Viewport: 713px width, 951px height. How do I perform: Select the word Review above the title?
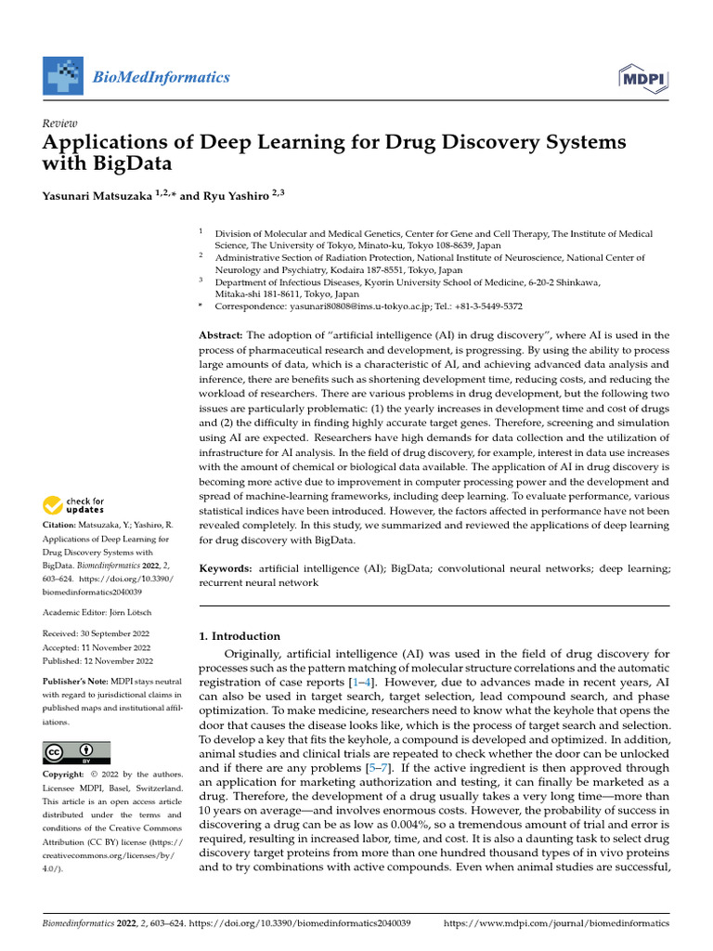pyautogui.click(x=60, y=124)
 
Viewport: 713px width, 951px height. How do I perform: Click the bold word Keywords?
pyautogui.click(x=226, y=567)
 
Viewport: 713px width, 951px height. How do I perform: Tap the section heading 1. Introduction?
pyautogui.click(x=240, y=636)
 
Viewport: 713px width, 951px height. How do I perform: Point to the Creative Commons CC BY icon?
pyautogui.click(x=76, y=752)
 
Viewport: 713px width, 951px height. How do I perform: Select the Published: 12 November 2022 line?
pyautogui.click(x=98, y=661)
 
